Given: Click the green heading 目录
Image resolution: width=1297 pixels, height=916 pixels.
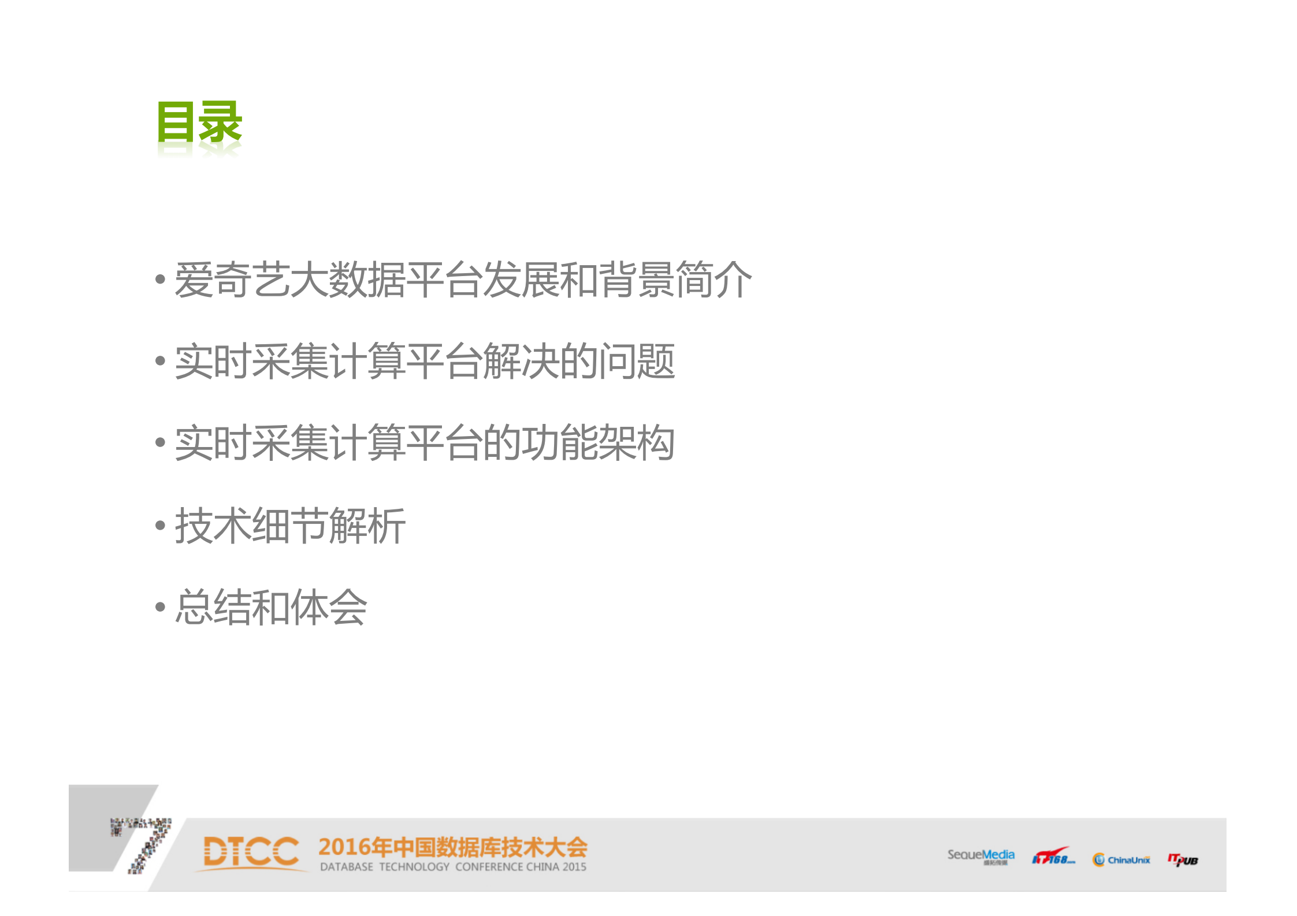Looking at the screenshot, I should tap(199, 122).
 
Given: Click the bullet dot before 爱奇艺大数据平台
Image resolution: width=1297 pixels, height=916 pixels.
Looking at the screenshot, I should tap(160, 280).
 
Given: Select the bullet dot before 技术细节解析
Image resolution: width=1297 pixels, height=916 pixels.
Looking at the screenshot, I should tap(160, 526).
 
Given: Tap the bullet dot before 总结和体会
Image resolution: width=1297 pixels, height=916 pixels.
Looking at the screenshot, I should tap(160, 607).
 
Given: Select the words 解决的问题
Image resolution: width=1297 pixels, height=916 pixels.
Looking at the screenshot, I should tap(578, 362).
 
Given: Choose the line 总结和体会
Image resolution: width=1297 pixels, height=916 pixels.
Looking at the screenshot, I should tap(271, 607).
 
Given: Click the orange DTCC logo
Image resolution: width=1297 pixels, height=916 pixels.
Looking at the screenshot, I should tap(251, 852).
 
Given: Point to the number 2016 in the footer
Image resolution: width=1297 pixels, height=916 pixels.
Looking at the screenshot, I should tap(344, 847).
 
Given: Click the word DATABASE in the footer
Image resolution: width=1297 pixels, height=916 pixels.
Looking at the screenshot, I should tap(347, 867).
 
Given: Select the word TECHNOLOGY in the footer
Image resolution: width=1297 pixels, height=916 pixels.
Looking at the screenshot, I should tap(414, 867).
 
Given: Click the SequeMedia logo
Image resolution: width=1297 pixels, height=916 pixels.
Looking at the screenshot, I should tap(980, 856).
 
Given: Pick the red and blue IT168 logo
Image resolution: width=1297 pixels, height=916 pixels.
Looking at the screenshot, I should tap(1053, 857).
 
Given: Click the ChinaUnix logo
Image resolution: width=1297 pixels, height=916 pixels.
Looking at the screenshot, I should tap(1121, 860).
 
